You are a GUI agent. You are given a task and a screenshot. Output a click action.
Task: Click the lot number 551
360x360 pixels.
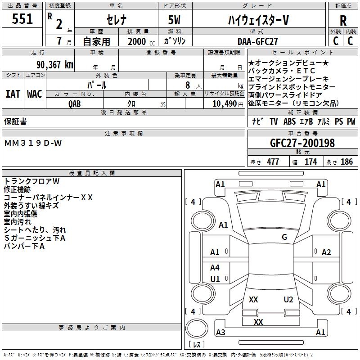click(x=22, y=19)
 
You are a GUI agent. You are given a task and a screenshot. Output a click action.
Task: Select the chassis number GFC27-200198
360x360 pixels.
click(x=302, y=143)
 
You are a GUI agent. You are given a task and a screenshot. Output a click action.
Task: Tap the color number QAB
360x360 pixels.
click(x=75, y=103)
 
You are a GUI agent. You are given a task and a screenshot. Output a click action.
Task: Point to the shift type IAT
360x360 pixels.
click(x=13, y=94)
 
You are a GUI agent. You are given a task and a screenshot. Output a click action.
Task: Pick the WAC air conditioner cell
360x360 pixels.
click(x=35, y=94)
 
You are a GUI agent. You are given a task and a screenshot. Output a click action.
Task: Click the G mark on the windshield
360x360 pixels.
click(x=284, y=237)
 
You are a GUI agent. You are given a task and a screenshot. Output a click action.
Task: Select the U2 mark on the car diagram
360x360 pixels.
click(x=288, y=300)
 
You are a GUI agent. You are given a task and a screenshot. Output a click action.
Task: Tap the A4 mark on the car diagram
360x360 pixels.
click(x=215, y=268)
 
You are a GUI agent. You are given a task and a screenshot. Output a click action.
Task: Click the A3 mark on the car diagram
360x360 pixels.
click(x=220, y=333)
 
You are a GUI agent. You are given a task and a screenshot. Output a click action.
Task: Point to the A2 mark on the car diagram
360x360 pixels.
click(x=326, y=252)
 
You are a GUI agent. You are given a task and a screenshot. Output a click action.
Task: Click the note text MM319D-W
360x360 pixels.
click(x=33, y=143)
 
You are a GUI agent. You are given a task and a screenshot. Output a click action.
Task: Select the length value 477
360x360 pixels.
click(x=273, y=162)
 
